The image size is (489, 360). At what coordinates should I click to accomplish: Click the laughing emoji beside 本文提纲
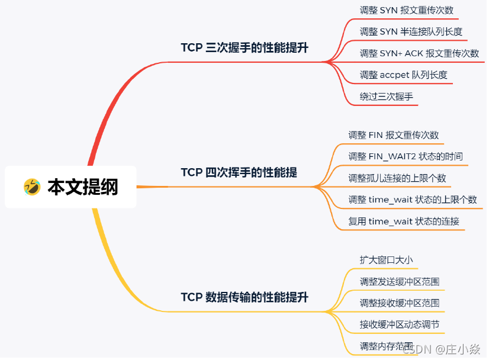click(x=32, y=187)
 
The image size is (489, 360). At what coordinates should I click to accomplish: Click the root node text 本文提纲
click(x=82, y=187)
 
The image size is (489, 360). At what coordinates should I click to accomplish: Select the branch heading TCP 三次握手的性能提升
click(x=244, y=48)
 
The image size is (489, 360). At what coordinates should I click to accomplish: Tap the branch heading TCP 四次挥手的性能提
click(x=239, y=172)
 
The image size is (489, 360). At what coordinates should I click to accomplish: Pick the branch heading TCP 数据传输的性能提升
click(x=244, y=297)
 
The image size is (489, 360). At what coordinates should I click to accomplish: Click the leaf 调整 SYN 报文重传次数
click(x=407, y=10)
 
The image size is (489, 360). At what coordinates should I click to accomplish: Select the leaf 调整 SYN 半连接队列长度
click(x=411, y=31)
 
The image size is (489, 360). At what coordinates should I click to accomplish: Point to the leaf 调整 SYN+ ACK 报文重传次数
click(x=419, y=53)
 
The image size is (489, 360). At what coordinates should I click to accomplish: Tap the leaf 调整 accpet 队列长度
click(x=403, y=75)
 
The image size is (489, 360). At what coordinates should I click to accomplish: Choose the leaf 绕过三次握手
click(x=386, y=97)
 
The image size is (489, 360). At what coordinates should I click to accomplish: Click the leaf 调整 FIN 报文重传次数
click(x=393, y=135)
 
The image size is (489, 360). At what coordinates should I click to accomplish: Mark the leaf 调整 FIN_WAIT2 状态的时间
click(x=406, y=156)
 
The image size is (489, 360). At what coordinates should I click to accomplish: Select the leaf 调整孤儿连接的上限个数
click(x=397, y=178)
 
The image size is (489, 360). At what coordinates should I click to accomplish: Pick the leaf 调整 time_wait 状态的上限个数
click(x=413, y=200)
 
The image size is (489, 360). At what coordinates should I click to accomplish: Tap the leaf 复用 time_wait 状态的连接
click(x=404, y=221)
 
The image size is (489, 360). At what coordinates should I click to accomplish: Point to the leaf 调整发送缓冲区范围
click(x=400, y=281)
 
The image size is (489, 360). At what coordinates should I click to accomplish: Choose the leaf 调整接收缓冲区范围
click(x=400, y=303)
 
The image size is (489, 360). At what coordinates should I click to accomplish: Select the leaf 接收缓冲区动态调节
click(x=400, y=324)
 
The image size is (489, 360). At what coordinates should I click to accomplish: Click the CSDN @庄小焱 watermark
click(x=441, y=349)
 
